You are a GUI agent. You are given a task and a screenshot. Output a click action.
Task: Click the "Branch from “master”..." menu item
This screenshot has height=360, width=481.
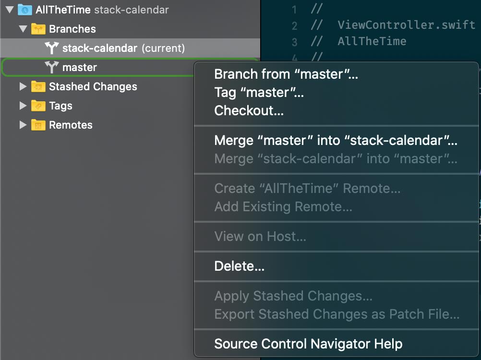point(286,74)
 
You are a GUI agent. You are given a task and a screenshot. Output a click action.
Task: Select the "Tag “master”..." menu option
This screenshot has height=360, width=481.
point(259,93)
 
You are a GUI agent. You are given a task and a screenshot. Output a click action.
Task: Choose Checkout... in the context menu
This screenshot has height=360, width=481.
point(249,111)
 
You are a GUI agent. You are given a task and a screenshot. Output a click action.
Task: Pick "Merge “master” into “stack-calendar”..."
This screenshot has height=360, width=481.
point(336,141)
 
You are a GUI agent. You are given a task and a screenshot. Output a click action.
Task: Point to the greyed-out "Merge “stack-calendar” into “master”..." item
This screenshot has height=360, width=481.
point(336,158)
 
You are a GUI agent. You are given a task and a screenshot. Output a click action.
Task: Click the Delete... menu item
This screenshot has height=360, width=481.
point(239,266)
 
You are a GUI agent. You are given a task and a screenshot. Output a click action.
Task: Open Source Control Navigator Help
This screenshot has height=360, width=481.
point(308,344)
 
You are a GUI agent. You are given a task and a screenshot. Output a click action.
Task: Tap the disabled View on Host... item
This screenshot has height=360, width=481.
point(260,237)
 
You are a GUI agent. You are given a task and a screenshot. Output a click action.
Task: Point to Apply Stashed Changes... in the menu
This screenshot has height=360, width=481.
point(293,296)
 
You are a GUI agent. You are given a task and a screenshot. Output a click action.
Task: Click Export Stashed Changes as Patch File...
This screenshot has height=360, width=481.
point(337,314)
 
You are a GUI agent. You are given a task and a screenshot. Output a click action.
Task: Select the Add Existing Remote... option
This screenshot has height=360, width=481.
point(283,207)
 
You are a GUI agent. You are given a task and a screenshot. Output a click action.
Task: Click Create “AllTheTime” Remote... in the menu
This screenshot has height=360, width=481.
point(307,189)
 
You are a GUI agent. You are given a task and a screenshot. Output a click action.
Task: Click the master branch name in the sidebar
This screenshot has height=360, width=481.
point(80,68)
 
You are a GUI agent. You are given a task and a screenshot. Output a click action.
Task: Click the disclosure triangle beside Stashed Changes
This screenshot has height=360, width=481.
point(23,87)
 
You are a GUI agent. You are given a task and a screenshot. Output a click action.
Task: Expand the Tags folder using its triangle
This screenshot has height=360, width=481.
point(23,106)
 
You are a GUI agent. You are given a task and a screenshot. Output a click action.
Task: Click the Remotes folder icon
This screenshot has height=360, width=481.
point(38,125)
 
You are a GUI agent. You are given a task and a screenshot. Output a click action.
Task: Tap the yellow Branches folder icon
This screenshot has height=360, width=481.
point(38,29)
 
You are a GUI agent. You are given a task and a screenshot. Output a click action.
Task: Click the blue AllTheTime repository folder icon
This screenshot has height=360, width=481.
point(24,10)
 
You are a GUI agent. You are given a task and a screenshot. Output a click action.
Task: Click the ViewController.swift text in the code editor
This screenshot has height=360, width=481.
point(406,25)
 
